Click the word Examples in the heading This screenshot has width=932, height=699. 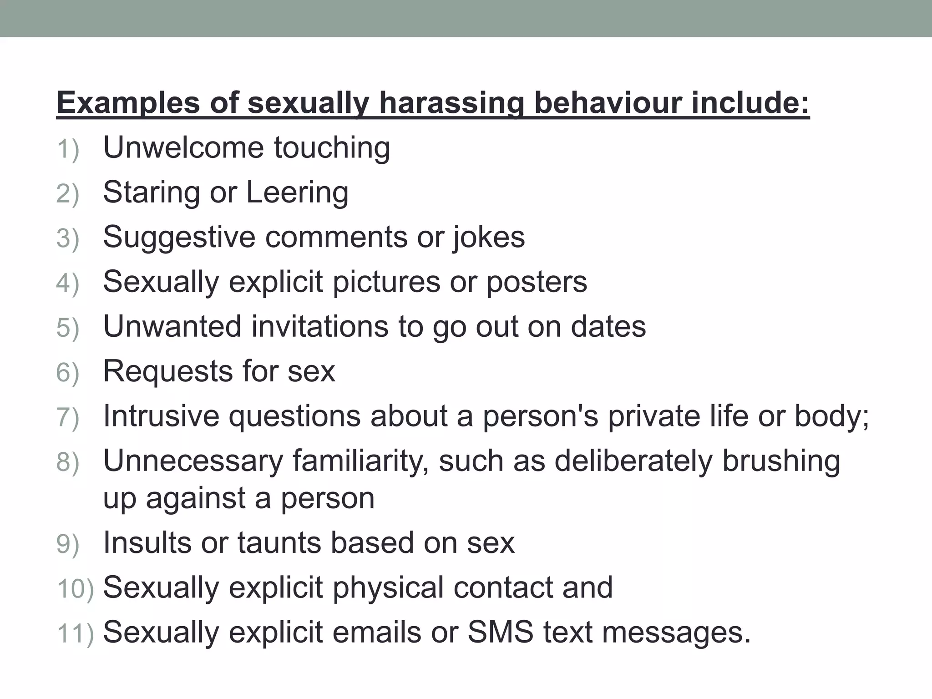tap(128, 103)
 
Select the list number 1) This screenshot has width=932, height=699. tap(68, 149)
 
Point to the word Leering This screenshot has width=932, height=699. tap(297, 192)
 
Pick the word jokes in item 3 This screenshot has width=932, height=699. tap(489, 238)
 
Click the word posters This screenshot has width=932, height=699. tap(537, 282)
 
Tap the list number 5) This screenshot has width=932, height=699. tap(68, 328)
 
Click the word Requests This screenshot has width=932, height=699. tap(168, 371)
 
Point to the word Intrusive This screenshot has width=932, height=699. tap(161, 416)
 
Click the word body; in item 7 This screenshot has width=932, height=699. tap(832, 416)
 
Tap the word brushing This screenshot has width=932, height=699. tap(781, 461)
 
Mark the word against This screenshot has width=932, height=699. tap(196, 498)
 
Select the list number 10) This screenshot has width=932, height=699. tap(76, 589)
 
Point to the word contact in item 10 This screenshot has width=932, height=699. tap(503, 587)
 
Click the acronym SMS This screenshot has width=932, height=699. tap(500, 632)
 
